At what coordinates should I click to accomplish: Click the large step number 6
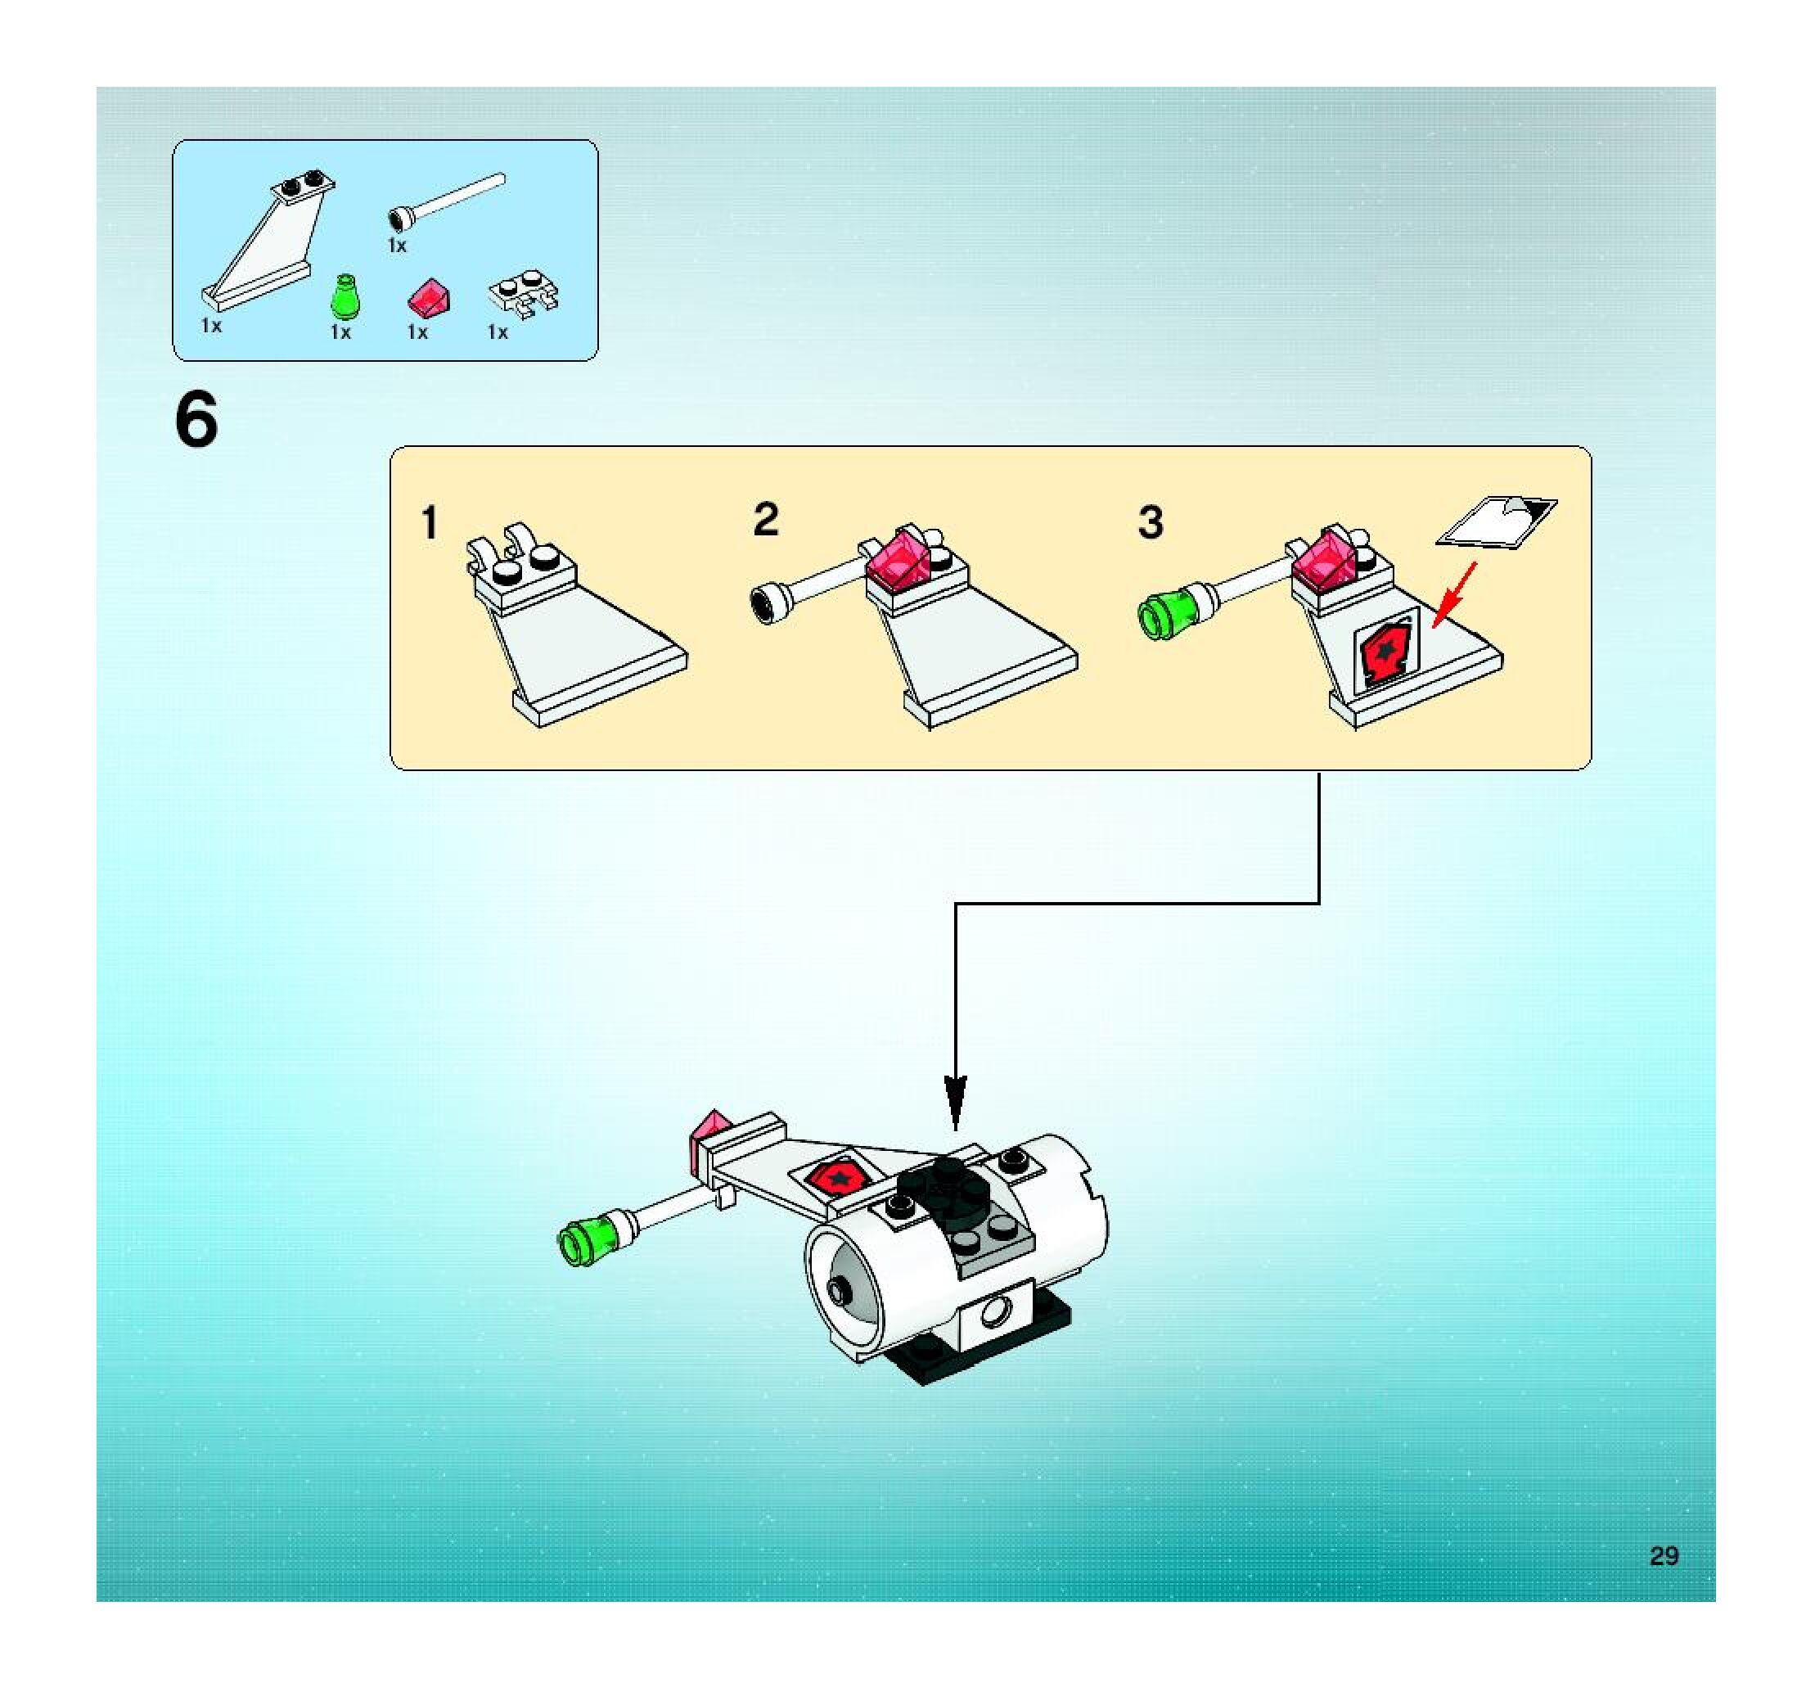click(x=196, y=420)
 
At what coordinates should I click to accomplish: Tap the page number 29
click(x=1664, y=1555)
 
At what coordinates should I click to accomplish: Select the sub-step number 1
click(x=429, y=523)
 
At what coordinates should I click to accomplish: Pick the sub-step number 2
click(x=766, y=520)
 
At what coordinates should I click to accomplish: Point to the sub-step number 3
click(x=1151, y=522)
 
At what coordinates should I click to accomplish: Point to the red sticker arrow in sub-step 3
click(x=1453, y=594)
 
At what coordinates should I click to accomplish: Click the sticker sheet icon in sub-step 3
click(x=1497, y=522)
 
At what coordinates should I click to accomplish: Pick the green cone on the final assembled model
click(x=584, y=1243)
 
